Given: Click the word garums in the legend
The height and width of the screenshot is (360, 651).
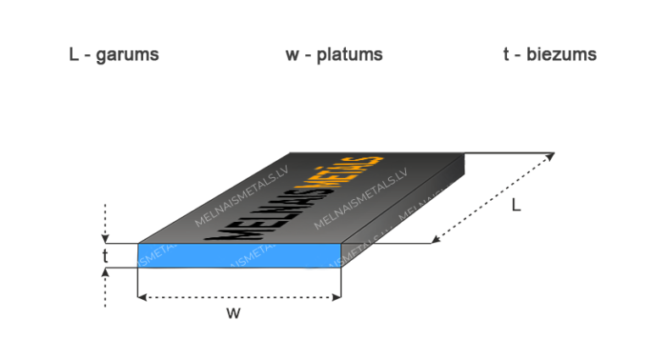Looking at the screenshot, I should (x=128, y=55).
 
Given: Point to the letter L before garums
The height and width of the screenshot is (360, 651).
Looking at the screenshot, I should (x=74, y=55).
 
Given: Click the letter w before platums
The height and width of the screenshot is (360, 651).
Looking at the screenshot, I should (x=292, y=55).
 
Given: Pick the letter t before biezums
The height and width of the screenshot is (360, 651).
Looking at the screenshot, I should (x=506, y=55).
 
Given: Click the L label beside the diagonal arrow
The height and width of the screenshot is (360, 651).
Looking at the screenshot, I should (x=516, y=206).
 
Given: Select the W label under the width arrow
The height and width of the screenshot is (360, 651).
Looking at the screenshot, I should (x=234, y=313).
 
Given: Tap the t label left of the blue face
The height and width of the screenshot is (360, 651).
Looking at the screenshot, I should (x=104, y=255).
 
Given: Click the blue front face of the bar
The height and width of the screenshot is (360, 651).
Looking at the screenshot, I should (x=237, y=255).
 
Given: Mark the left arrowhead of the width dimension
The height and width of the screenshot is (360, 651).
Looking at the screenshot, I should (x=142, y=296).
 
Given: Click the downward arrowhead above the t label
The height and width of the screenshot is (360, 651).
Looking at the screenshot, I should (x=105, y=238).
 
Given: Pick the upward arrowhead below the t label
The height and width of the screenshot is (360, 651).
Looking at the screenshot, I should (x=105, y=272).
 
